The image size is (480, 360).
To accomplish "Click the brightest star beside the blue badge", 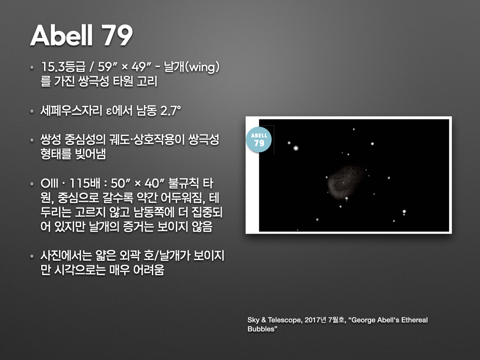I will click(296, 148).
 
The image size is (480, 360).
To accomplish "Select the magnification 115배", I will click(85, 182).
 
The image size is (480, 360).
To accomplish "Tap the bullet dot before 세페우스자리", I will click(31, 112).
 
